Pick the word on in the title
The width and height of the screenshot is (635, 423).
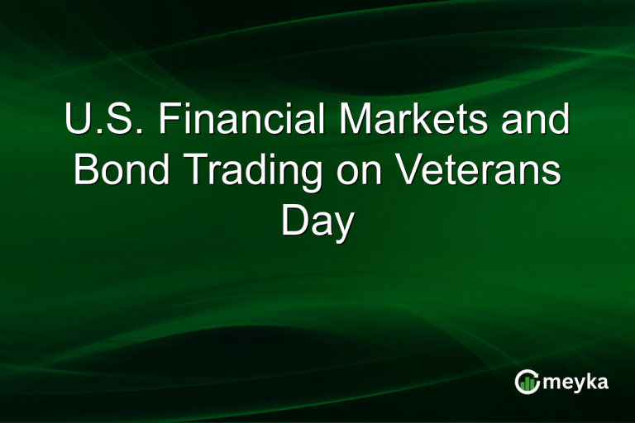point(361,173)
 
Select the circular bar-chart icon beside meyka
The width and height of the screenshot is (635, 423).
point(527,382)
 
